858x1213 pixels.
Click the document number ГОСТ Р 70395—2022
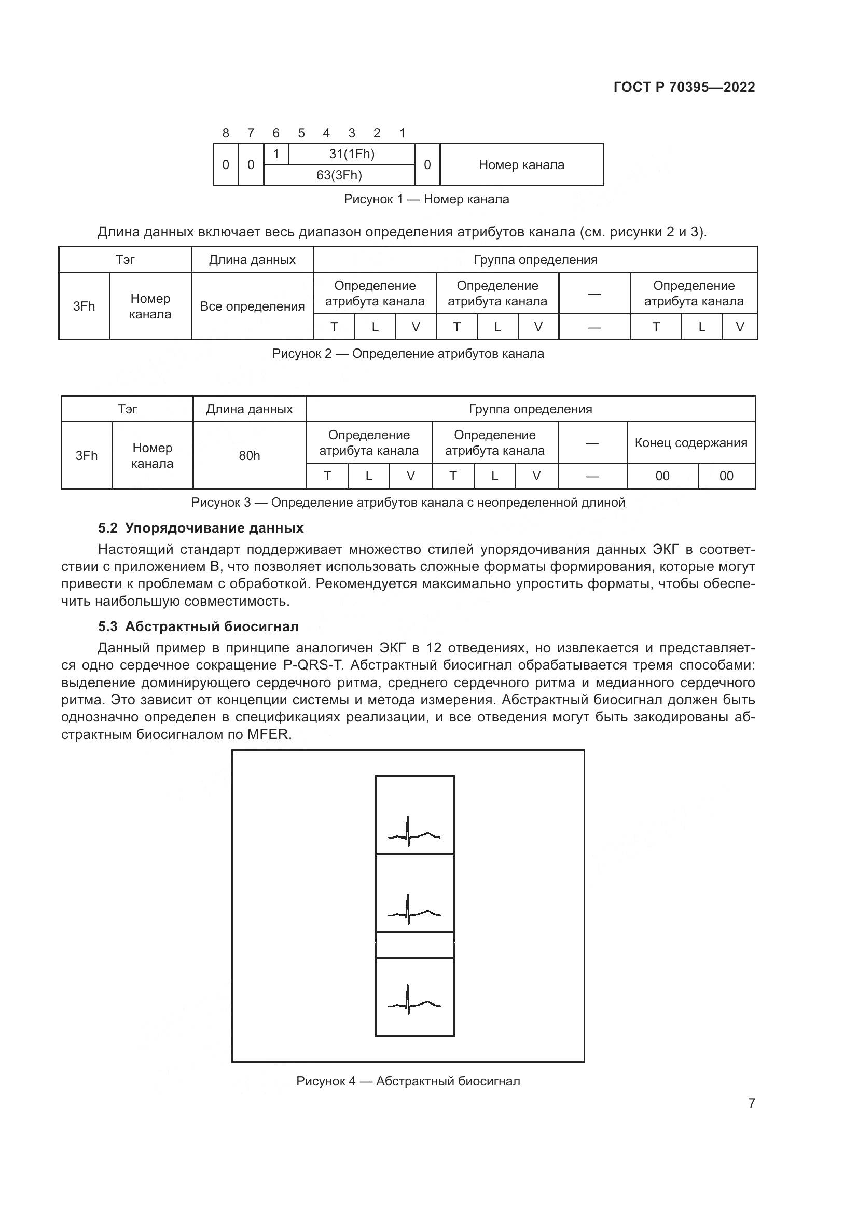click(x=684, y=87)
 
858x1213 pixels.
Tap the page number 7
click(x=751, y=1103)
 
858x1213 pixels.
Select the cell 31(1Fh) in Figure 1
click(x=351, y=154)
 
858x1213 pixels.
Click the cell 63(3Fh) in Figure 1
click(x=339, y=175)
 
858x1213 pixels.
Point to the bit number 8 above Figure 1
click(x=226, y=133)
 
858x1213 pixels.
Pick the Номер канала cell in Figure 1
click(x=521, y=165)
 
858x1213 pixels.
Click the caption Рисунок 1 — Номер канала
click(x=426, y=199)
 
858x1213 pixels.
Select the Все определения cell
click(x=252, y=306)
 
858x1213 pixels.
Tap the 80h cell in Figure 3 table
click(x=249, y=455)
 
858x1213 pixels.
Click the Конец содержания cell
click(x=690, y=443)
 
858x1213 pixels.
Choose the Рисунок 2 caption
click(x=407, y=354)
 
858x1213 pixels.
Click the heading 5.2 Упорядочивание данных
click(x=201, y=528)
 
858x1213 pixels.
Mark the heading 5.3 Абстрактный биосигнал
click(x=198, y=626)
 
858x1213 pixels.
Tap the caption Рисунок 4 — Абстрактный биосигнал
click(x=408, y=1081)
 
